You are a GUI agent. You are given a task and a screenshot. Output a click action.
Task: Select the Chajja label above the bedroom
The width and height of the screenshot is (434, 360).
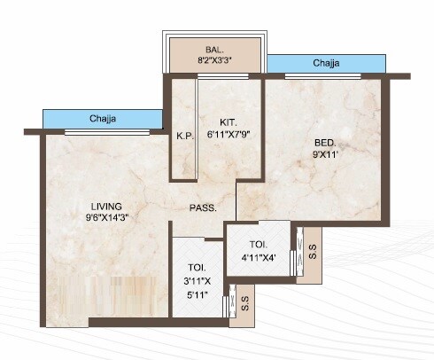coord(325,63)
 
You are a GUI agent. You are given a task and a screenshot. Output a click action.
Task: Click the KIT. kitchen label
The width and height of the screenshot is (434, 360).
coord(228,122)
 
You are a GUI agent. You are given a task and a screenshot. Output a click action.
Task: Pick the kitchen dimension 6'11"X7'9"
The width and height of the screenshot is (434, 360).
coord(228,135)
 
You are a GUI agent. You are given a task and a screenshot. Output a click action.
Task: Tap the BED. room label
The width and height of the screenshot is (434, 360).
coord(324,142)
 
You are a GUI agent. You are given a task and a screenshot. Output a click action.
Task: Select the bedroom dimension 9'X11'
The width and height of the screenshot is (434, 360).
coord(325,154)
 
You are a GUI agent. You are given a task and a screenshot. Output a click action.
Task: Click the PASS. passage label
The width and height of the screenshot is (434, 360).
coord(204,208)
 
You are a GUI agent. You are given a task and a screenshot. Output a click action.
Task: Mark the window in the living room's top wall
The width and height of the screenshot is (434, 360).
coord(103,132)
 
